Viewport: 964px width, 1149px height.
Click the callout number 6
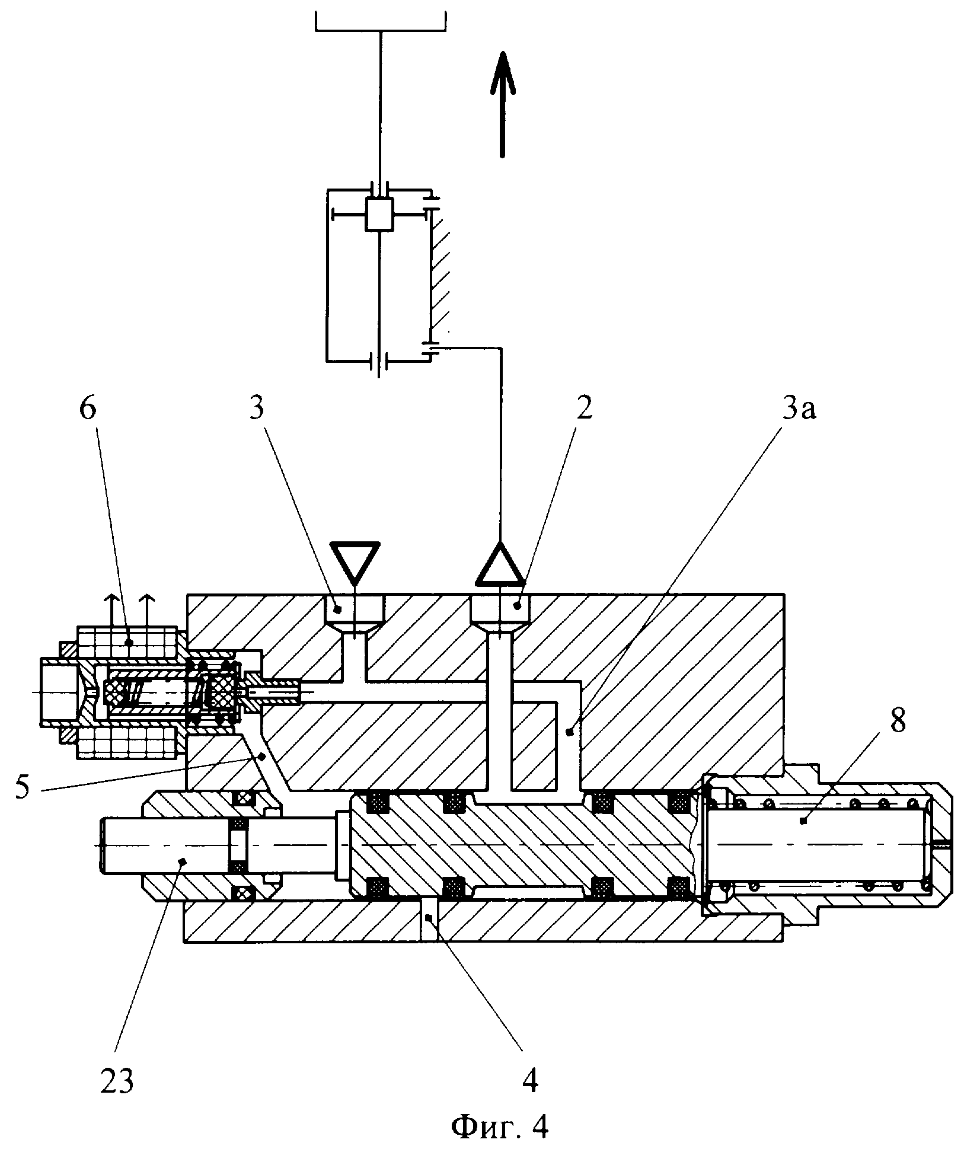[87, 410]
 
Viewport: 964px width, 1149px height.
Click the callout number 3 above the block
[256, 410]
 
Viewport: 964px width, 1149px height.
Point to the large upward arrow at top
[502, 104]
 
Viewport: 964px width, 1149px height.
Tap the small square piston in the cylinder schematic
[379, 213]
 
